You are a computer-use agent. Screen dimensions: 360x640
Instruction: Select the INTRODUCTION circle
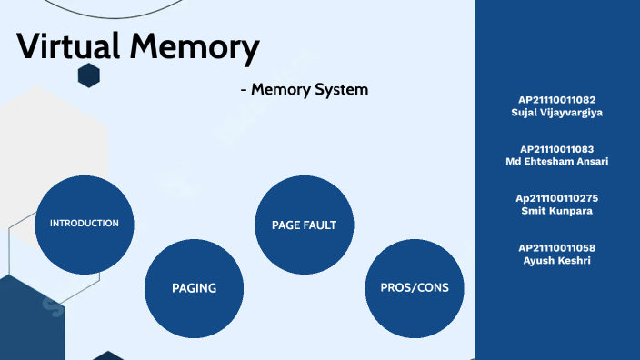click(x=85, y=224)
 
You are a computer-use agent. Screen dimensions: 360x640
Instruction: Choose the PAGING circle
click(x=194, y=287)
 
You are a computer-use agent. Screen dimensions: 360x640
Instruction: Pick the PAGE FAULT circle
click(x=304, y=225)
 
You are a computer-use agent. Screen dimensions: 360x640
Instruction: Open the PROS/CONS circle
click(x=414, y=287)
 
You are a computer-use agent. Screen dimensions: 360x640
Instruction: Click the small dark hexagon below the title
click(x=88, y=76)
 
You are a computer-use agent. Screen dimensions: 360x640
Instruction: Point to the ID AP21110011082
click(x=557, y=99)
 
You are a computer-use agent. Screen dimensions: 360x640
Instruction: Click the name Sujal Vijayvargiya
click(x=557, y=112)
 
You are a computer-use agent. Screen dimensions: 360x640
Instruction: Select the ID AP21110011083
click(x=557, y=148)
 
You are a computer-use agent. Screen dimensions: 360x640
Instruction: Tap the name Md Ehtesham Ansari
click(x=557, y=161)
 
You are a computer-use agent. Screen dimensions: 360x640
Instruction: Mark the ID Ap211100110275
click(x=557, y=198)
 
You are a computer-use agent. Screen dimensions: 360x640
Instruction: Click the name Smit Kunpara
click(x=557, y=211)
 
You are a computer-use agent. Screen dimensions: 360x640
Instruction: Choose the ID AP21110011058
click(x=557, y=247)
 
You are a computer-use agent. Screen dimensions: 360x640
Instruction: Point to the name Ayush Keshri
click(x=557, y=260)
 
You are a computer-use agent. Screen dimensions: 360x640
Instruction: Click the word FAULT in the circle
click(x=320, y=225)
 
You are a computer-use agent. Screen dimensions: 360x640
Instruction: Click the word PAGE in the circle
click(x=286, y=225)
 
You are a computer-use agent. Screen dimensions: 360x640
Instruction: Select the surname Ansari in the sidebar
click(x=589, y=161)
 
